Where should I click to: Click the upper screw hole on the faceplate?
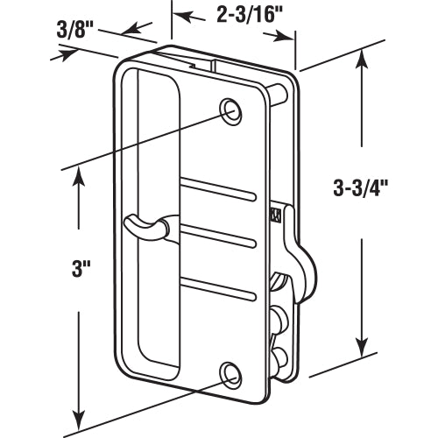coord(231,110)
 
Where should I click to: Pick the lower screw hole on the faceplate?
coord(231,374)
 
